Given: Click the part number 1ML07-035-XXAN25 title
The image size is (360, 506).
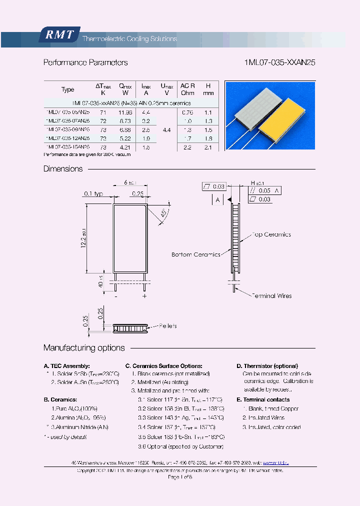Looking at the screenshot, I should [x=279, y=62].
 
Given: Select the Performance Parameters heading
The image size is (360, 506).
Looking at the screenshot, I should [x=85, y=62].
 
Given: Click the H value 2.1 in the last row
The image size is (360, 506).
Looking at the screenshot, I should [x=208, y=147].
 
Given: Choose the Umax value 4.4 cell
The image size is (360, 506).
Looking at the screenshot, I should [x=166, y=130].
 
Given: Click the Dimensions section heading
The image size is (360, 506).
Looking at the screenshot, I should [x=63, y=169].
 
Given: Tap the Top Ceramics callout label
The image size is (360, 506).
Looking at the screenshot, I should [x=270, y=234].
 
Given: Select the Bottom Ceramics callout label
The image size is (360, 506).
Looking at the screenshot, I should [x=195, y=254].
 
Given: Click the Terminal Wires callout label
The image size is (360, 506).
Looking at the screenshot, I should [x=271, y=296].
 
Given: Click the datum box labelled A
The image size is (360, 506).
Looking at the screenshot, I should [x=218, y=200].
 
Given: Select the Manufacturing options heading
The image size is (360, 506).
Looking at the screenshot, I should [x=84, y=348].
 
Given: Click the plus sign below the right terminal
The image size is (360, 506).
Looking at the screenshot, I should [x=144, y=296].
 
